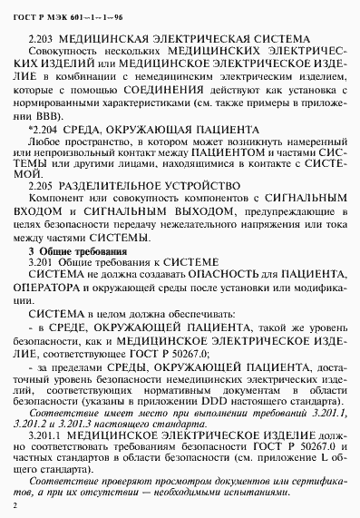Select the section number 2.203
tap(43, 40)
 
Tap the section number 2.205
tap(42, 184)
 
